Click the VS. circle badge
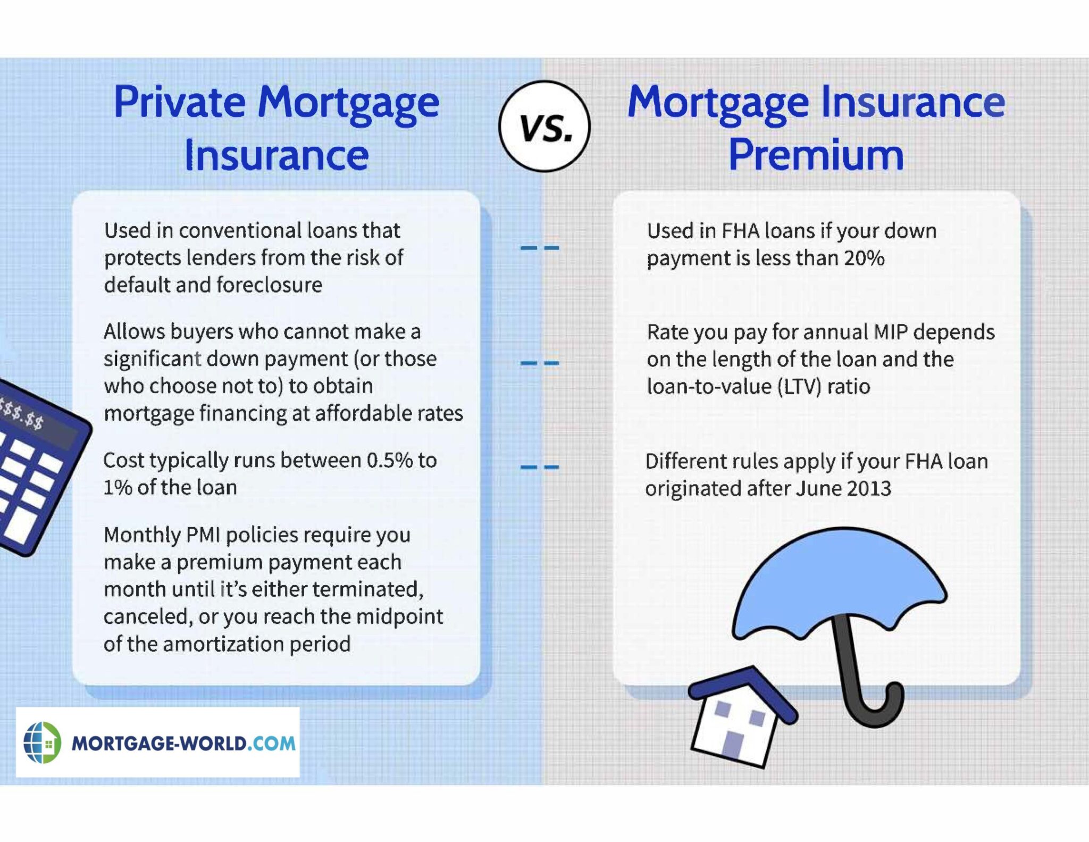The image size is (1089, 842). pyautogui.click(x=544, y=126)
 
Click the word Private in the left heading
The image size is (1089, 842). pyautogui.click(x=179, y=102)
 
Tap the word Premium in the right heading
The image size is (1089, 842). pyautogui.click(x=816, y=155)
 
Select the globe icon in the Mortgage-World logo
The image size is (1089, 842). pyautogui.click(x=42, y=743)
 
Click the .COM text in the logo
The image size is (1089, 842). pyautogui.click(x=272, y=743)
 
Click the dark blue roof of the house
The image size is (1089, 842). pyautogui.click(x=744, y=686)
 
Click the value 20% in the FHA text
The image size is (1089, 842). pyautogui.click(x=864, y=259)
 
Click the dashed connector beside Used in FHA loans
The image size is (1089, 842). pyautogui.click(x=539, y=247)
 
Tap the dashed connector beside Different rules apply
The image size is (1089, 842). pyautogui.click(x=539, y=467)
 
